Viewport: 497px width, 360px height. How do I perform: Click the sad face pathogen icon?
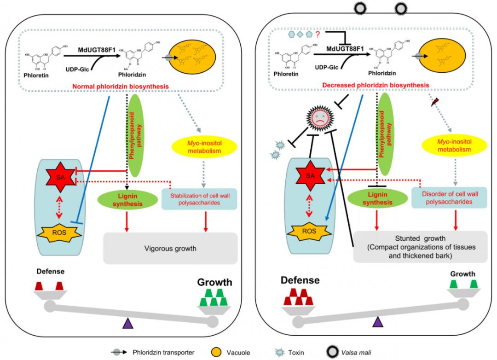319,121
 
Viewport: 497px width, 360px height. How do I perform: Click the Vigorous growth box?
170,248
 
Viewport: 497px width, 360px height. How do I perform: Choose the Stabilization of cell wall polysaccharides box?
199,199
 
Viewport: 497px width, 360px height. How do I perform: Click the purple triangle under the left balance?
127,324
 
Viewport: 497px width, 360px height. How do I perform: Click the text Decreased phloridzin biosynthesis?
376,85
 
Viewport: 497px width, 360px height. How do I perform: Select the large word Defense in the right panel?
300,280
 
